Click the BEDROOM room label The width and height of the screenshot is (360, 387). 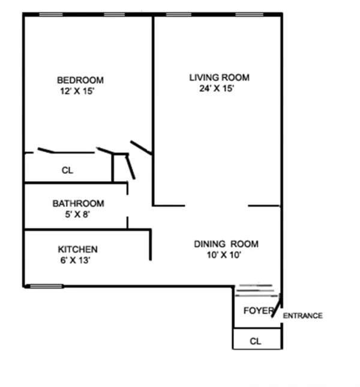80,80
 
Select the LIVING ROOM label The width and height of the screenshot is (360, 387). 219,77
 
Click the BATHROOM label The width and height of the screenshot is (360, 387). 78,203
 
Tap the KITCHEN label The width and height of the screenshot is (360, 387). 77,250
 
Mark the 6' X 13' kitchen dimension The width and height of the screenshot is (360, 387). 75,260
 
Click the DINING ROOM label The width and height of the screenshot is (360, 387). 226,244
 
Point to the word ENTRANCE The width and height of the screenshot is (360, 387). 302,316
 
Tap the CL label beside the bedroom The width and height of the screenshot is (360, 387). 67,170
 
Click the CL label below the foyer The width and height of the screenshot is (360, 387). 256,341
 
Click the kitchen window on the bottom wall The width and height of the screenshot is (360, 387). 46,286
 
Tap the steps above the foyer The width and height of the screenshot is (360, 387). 255,292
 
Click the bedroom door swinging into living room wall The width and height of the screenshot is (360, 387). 140,148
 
